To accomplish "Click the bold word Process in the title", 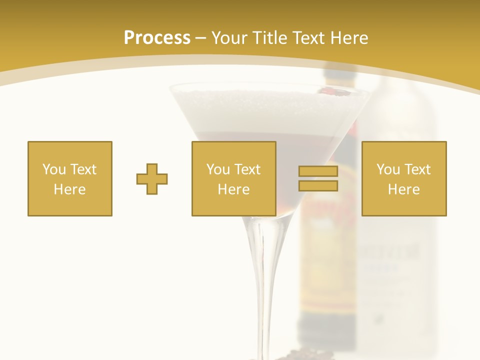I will (157, 38).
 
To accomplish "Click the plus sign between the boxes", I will (152, 179).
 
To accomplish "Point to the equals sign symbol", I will (318, 178).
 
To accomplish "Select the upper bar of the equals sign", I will (318, 171).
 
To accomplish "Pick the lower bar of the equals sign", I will (318, 186).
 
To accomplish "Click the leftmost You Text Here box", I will (70, 178).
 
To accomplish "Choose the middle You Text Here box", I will (234, 178).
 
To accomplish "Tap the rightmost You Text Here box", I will (404, 178).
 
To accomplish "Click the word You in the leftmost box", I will (54, 169).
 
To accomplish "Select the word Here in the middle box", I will (234, 189).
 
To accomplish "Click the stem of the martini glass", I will (260, 280).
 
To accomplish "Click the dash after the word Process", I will (200, 38).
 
